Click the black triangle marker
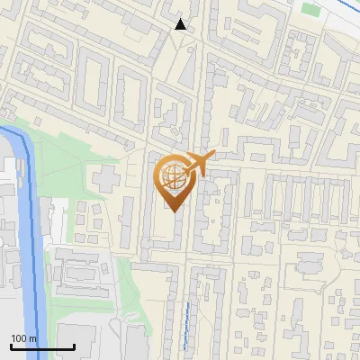pos(181,24)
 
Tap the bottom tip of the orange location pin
pos(172,212)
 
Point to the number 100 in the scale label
pos(19,338)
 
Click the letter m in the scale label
pos(32,338)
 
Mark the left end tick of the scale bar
pos(11,346)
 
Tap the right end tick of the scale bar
pos(74,346)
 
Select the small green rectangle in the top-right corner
pos(310,9)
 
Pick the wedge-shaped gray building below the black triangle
pos(185,67)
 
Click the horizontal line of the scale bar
pos(42,347)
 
